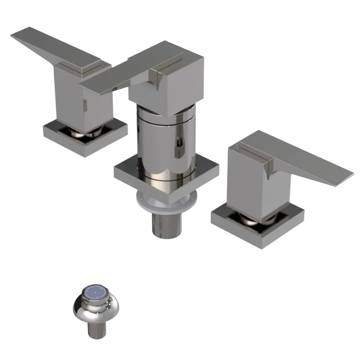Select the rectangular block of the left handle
68,94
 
